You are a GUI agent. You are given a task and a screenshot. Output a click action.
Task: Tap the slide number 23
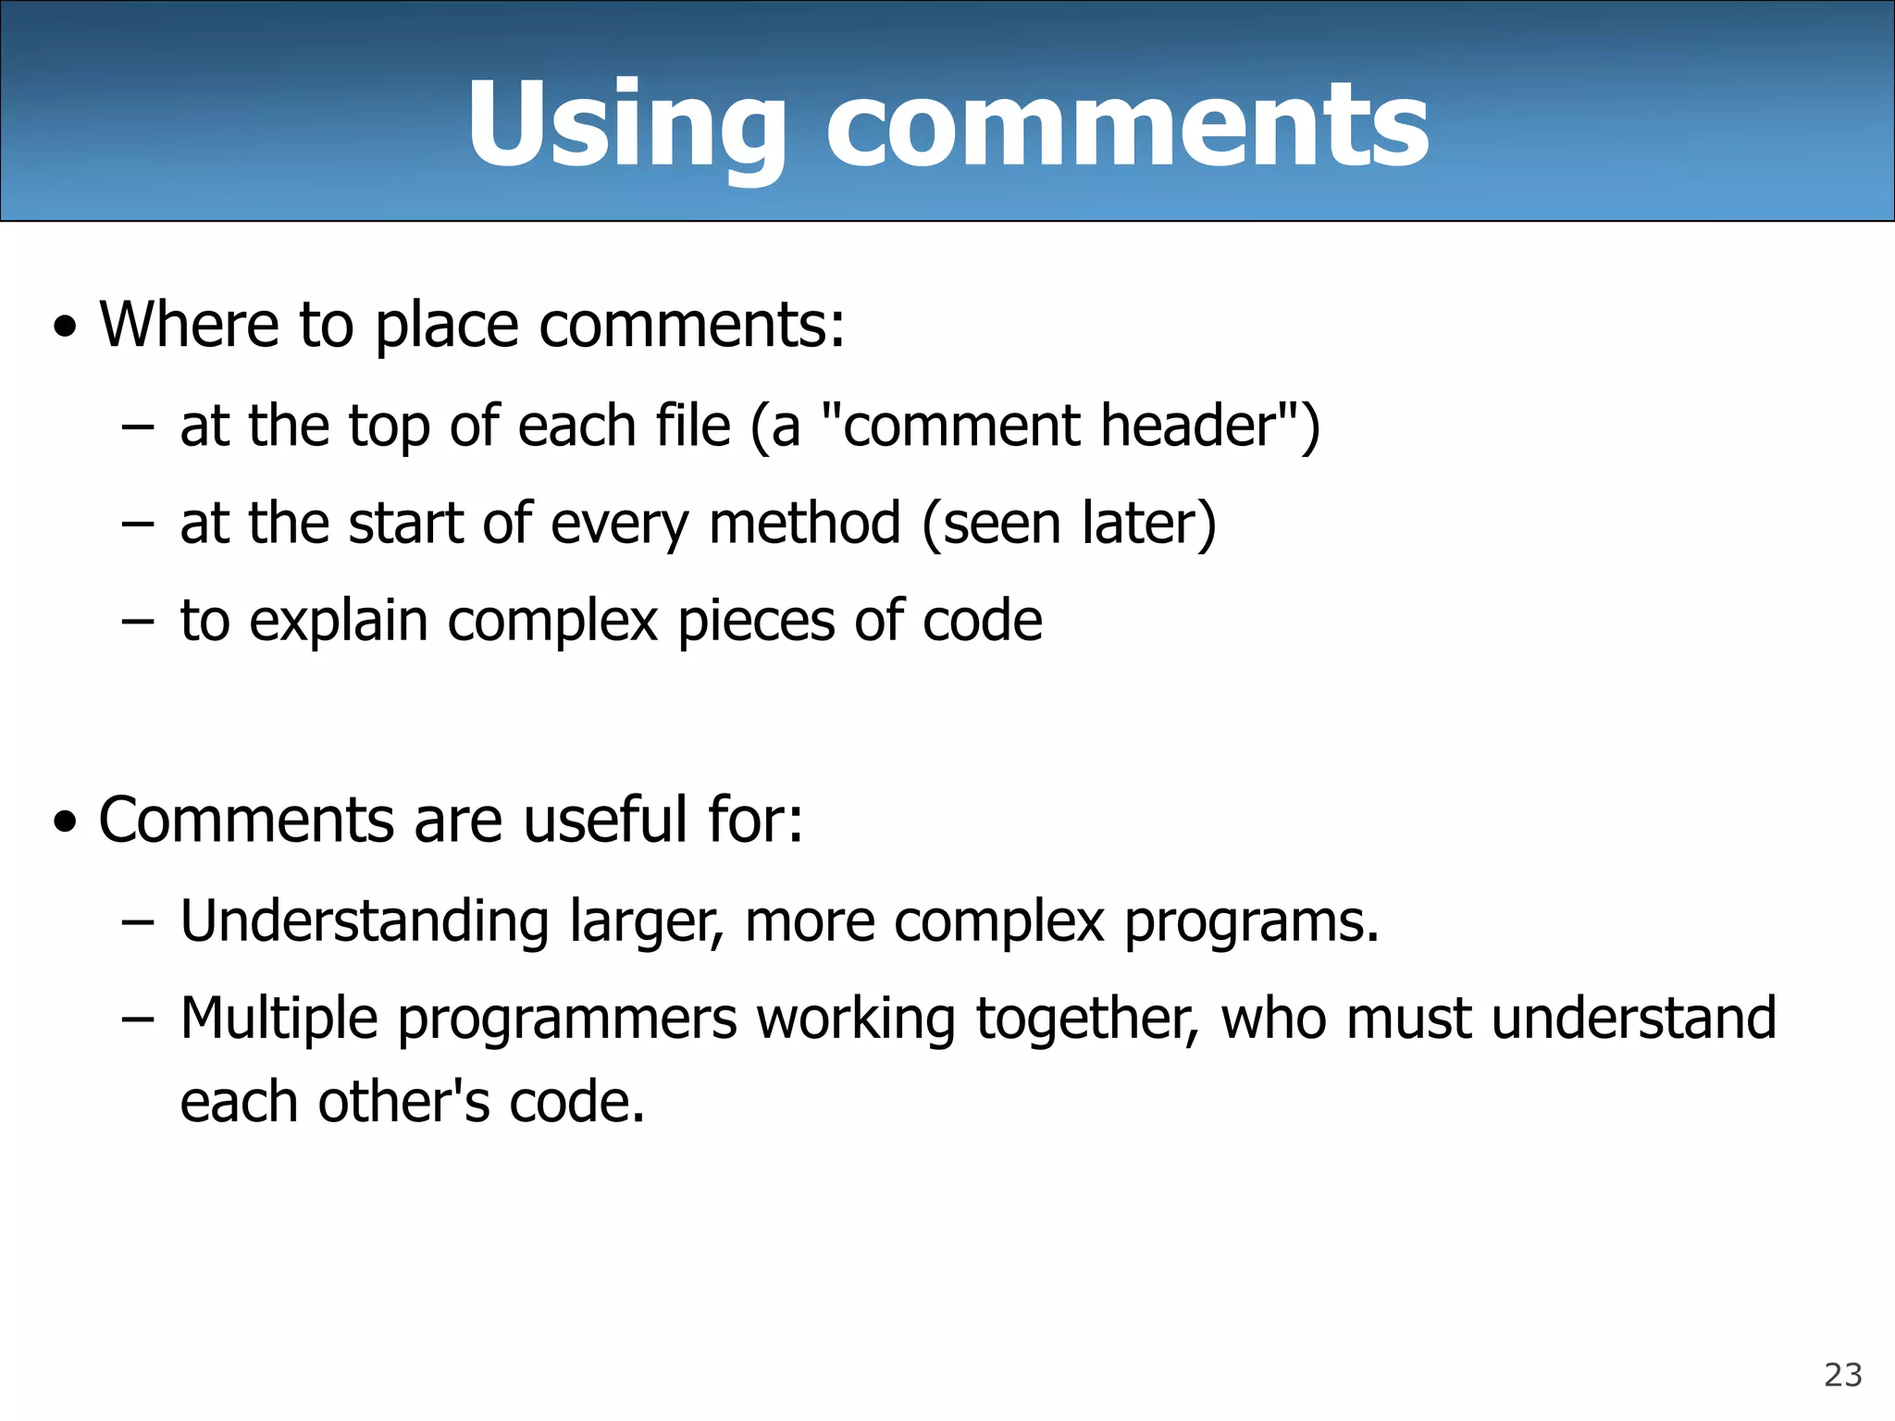pos(1842,1375)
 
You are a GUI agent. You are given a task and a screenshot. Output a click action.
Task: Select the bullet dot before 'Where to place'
pos(65,327)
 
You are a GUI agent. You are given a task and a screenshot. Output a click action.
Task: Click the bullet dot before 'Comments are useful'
pos(65,822)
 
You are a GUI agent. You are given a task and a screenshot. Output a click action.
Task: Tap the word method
pos(804,523)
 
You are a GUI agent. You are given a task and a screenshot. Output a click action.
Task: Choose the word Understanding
pos(365,921)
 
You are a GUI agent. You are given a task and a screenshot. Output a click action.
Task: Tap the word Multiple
pos(279,1019)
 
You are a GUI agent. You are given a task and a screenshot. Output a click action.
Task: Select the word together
pos(1086,1019)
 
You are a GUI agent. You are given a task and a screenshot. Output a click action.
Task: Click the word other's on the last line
pos(403,1102)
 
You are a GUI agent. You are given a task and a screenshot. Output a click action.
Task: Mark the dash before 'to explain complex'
pos(136,621)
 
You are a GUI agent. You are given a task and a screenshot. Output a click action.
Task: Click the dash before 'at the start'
pos(136,524)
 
